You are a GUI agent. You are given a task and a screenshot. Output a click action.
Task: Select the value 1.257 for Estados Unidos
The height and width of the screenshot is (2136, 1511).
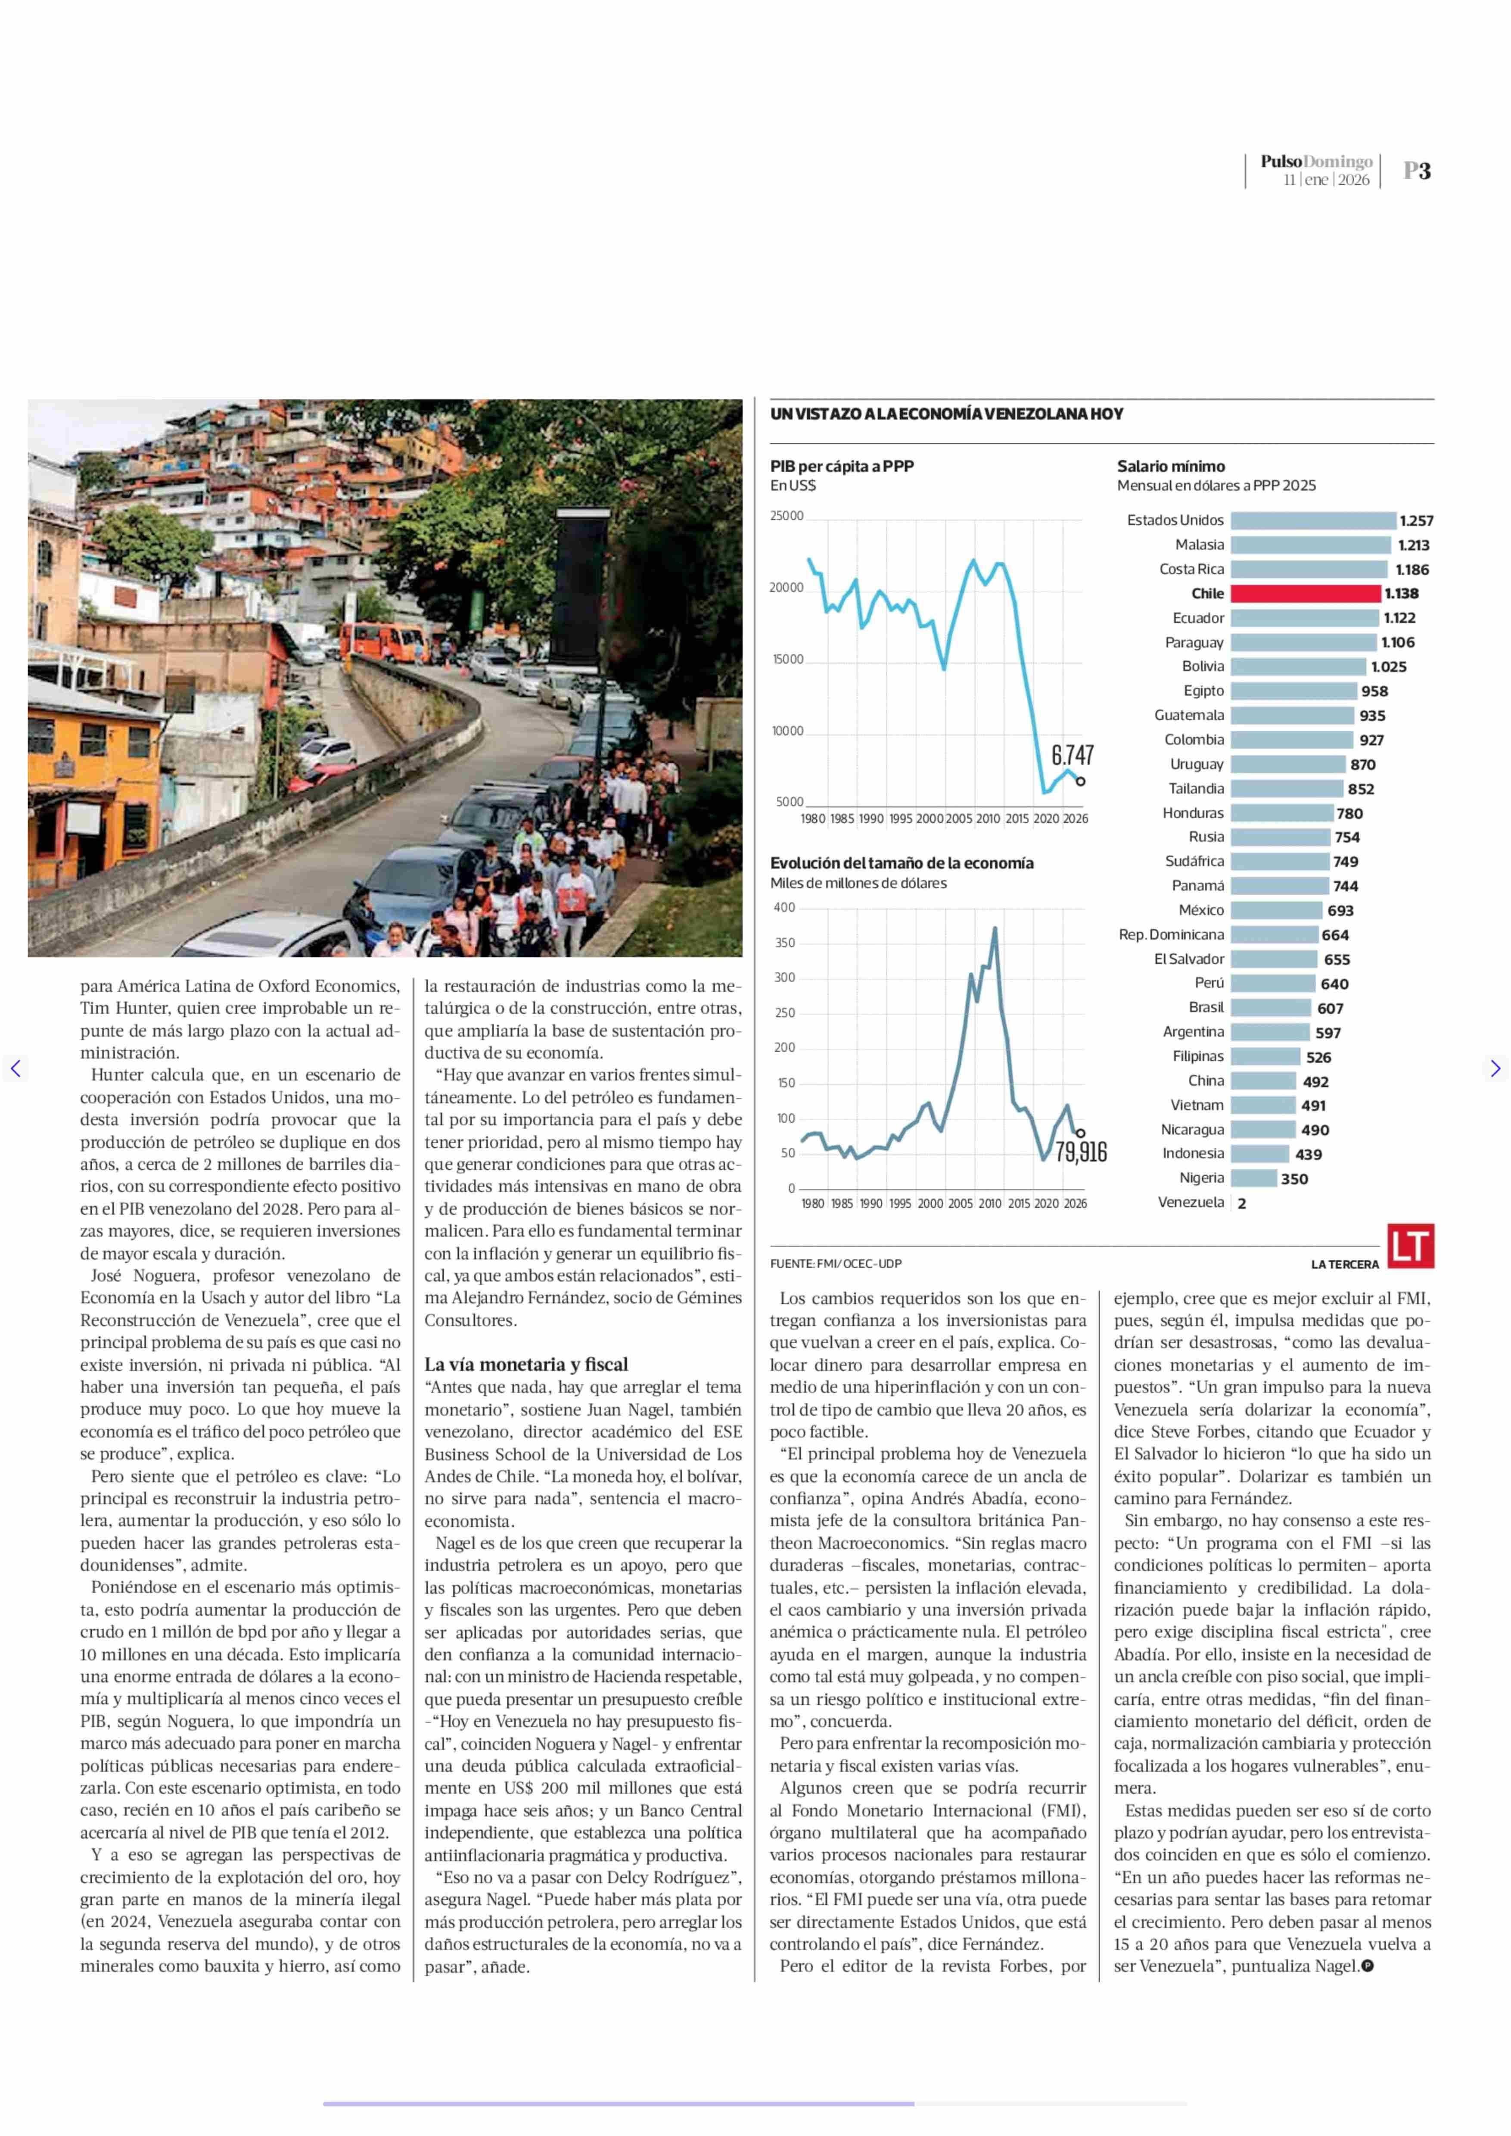point(1416,521)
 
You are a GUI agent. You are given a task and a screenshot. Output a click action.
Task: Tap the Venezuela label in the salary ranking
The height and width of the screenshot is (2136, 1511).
point(1191,1202)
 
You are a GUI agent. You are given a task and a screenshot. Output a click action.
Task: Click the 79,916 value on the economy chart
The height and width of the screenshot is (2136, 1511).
point(1081,1152)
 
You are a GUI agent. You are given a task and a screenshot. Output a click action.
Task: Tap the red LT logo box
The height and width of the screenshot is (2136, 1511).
point(1411,1246)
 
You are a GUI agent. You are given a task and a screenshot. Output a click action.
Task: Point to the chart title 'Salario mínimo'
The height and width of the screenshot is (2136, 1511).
point(1170,466)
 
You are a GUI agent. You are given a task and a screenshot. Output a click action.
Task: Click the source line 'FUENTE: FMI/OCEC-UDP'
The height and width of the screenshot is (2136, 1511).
point(836,1264)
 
